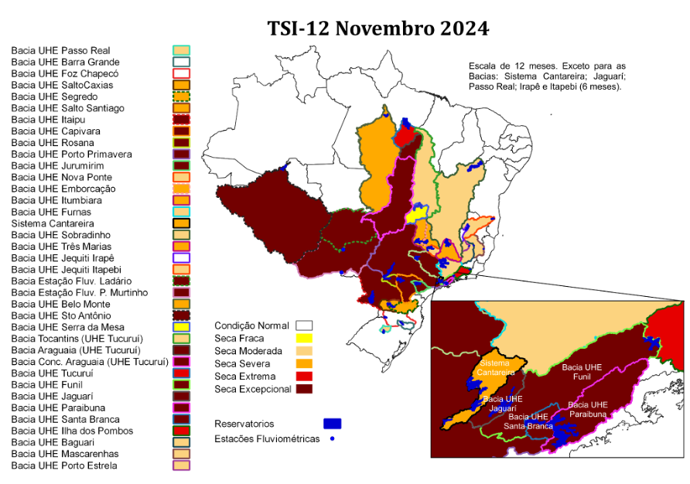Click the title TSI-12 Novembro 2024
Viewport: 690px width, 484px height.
coord(378,29)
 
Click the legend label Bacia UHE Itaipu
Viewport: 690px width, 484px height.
coord(48,120)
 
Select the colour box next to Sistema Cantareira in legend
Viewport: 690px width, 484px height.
coord(182,223)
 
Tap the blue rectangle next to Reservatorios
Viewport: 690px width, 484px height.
coord(332,424)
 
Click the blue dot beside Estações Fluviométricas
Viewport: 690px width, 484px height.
coord(331,439)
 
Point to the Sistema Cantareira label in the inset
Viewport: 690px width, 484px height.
coord(496,367)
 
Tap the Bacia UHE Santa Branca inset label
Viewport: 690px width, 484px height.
coord(529,421)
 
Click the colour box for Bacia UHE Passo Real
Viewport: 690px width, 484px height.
coord(182,50)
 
